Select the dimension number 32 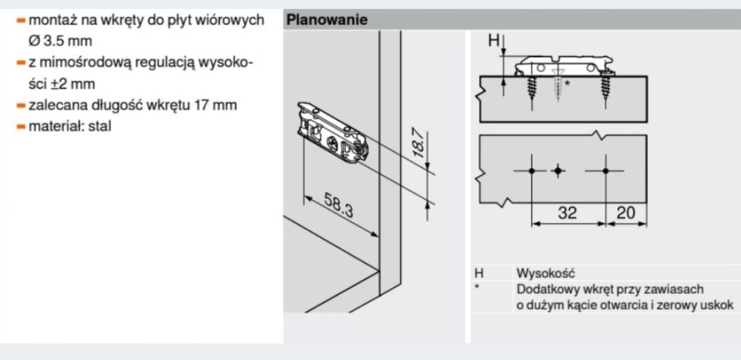click(x=568, y=213)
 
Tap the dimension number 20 click(x=626, y=213)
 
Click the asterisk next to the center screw click(x=567, y=84)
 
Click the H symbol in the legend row click(x=479, y=273)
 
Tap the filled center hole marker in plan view click(x=558, y=170)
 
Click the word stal click(x=99, y=126)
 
